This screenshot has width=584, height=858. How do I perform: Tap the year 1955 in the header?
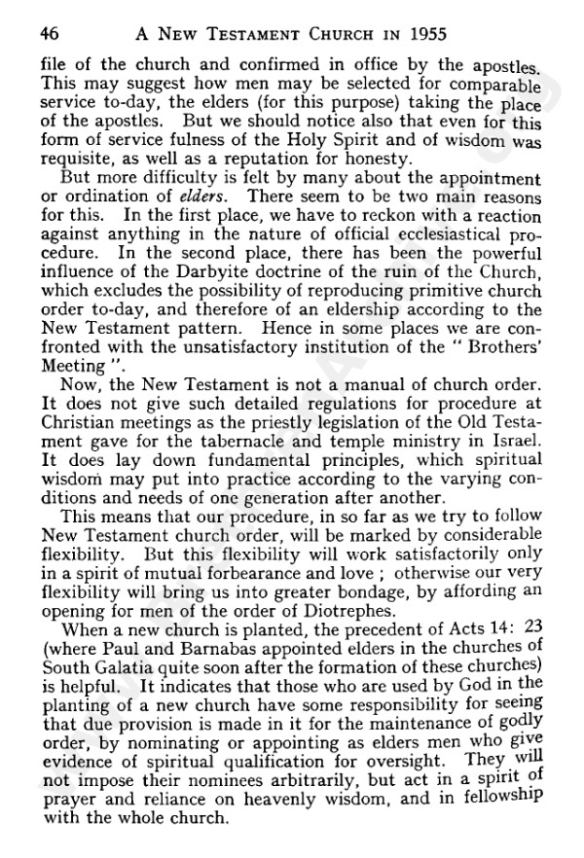[x=421, y=34]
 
